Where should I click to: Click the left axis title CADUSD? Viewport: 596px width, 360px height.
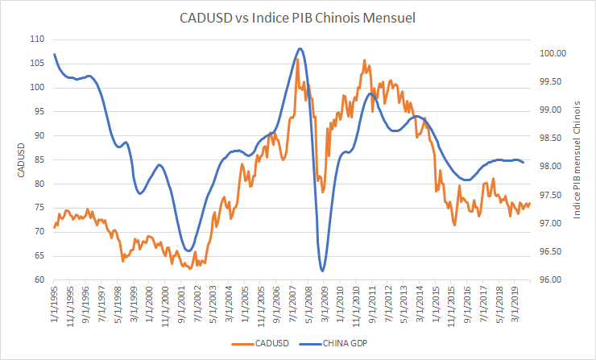pyautogui.click(x=14, y=159)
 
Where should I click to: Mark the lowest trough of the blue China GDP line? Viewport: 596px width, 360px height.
pyautogui.click(x=322, y=271)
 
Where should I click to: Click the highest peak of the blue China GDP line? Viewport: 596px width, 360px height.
pyautogui.click(x=300, y=48)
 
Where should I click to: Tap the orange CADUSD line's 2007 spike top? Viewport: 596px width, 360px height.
pyautogui.click(x=297, y=59)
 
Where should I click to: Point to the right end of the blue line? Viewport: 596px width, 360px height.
pyautogui.click(x=524, y=163)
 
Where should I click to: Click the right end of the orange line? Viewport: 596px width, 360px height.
pyautogui.click(x=530, y=203)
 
